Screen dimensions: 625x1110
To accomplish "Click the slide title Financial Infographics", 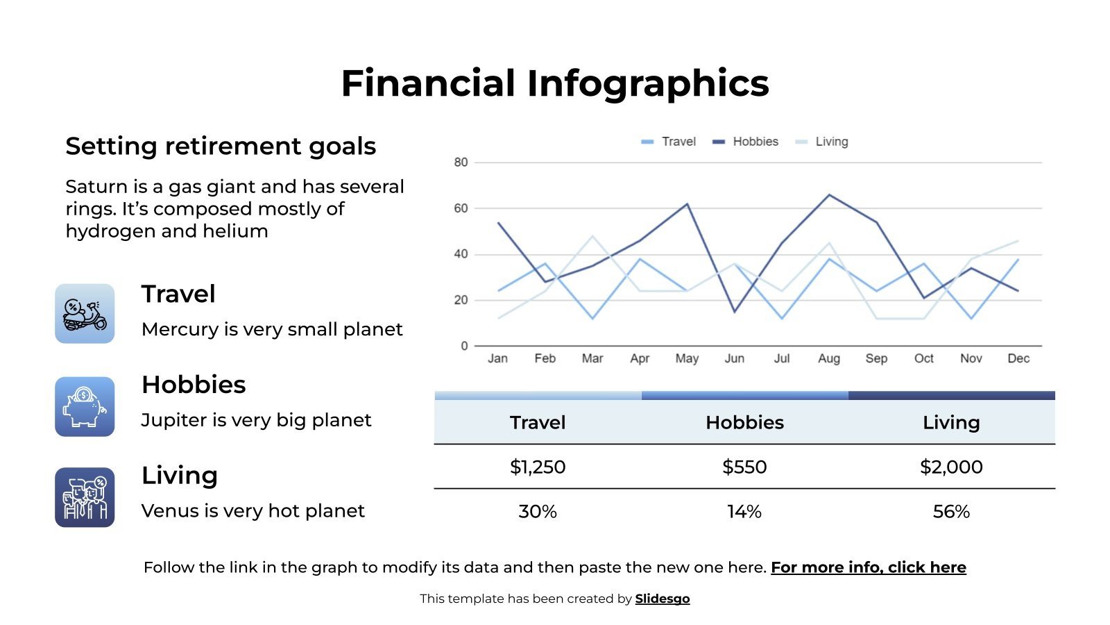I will coord(554,83).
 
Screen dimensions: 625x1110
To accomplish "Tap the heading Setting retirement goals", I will coord(221,147).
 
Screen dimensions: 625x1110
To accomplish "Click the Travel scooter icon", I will coord(85,314).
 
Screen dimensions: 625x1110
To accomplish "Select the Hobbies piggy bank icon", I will coord(85,407).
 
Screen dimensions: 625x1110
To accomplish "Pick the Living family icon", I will coord(85,497).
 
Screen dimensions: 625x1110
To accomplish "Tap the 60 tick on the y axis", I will coord(461,208).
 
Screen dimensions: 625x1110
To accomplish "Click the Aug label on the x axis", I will coord(828,358).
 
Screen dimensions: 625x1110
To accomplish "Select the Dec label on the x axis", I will coord(1018,358).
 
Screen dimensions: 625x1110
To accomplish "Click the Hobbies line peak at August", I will coord(829,195).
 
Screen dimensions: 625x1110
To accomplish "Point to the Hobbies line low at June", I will coord(735,312).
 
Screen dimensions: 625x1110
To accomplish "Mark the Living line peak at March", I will coord(592,237).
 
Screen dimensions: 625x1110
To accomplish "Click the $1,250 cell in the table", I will coord(538,467).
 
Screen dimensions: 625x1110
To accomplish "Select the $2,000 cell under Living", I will coord(951,467).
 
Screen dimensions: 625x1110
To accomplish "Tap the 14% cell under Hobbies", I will coord(744,512).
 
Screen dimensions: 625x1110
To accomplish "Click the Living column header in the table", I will coord(951,422).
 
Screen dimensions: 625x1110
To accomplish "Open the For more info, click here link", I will coord(868,567).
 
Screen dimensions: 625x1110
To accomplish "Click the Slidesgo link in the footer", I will coord(662,599).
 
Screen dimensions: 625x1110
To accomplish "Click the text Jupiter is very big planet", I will coord(256,420).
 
